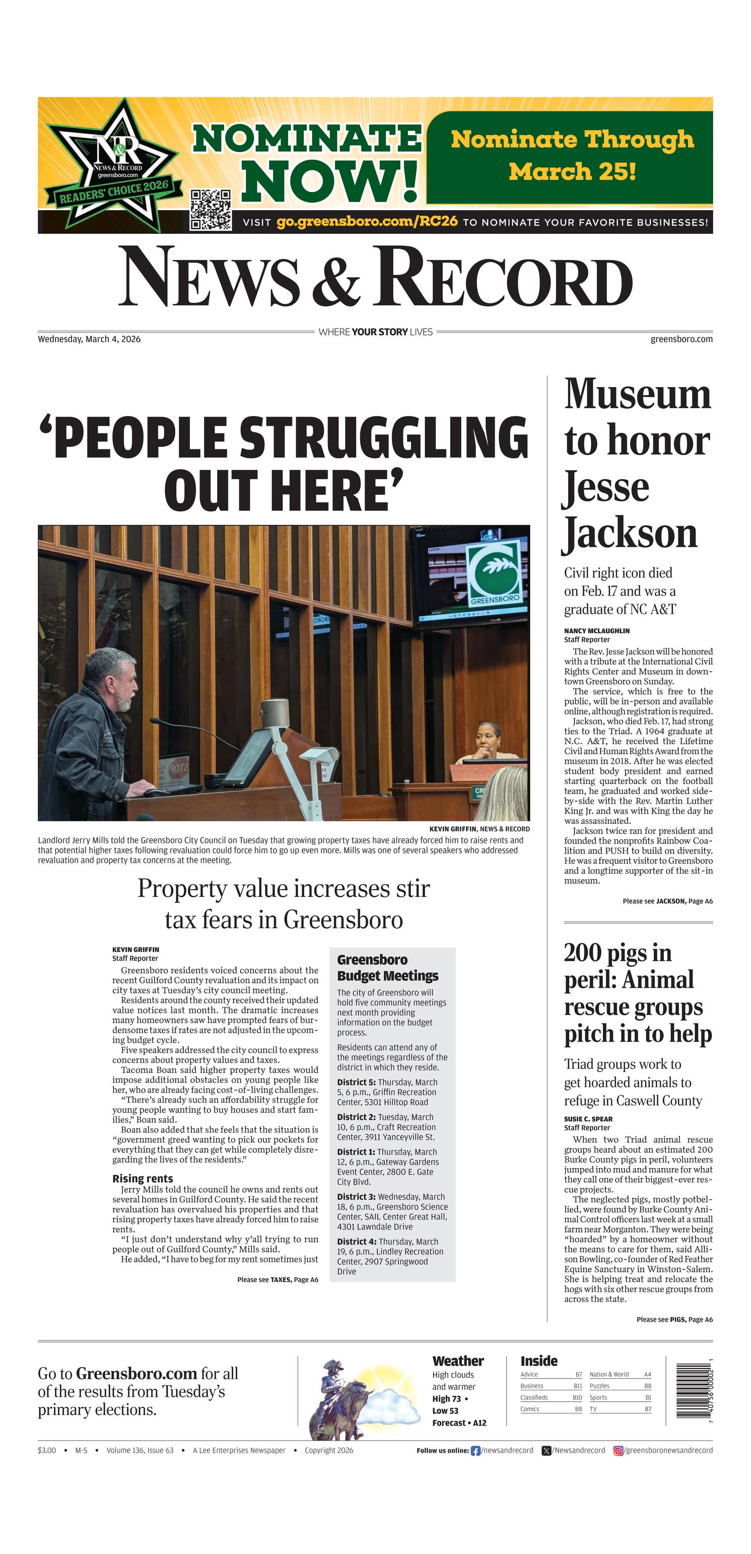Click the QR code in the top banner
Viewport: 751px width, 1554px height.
coord(211,209)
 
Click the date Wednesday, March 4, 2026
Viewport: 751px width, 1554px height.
coord(89,339)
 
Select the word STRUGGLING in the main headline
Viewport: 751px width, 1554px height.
coord(384,437)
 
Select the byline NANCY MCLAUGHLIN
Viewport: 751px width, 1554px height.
coord(596,630)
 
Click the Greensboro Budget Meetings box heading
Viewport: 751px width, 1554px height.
coord(387,967)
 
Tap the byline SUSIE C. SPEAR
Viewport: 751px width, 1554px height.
coord(588,1119)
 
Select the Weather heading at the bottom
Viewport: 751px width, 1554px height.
coord(458,1361)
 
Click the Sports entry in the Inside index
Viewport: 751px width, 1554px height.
coord(598,1397)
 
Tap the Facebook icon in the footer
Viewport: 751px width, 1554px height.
coord(475,1450)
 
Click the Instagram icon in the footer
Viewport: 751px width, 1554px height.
coord(619,1450)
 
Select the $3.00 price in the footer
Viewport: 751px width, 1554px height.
coord(46,1450)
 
